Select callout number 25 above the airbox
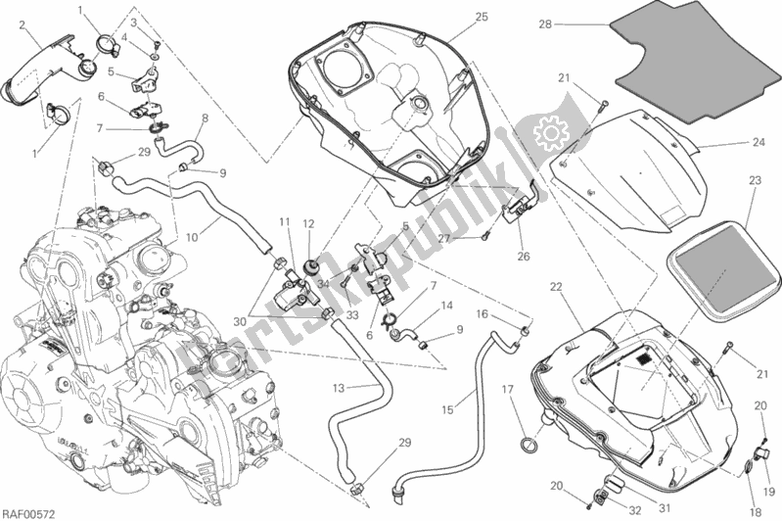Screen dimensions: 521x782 (x=481, y=17)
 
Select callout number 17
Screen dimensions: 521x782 (x=508, y=389)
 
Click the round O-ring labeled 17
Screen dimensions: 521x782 (x=530, y=444)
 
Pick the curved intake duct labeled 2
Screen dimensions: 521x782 (x=34, y=73)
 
